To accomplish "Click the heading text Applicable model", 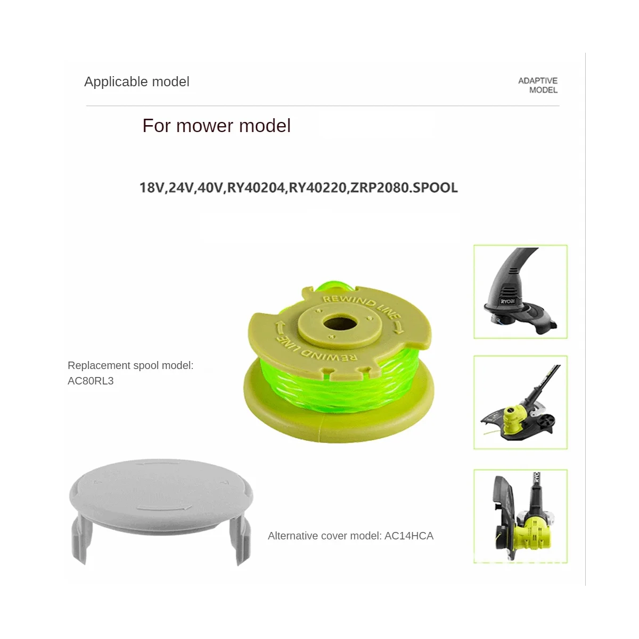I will click(136, 81).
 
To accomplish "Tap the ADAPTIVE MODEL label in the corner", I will click(538, 85).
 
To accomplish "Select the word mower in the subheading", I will click(205, 126).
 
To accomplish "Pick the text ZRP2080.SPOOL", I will click(403, 187).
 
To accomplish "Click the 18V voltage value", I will click(152, 187).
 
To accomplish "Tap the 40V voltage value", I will click(210, 187).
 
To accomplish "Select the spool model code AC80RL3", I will click(91, 381).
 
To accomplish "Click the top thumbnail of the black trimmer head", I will click(520, 291).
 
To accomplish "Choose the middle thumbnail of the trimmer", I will click(520, 402).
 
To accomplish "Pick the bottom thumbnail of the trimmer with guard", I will click(520, 515).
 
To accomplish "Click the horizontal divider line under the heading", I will click(323, 106).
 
